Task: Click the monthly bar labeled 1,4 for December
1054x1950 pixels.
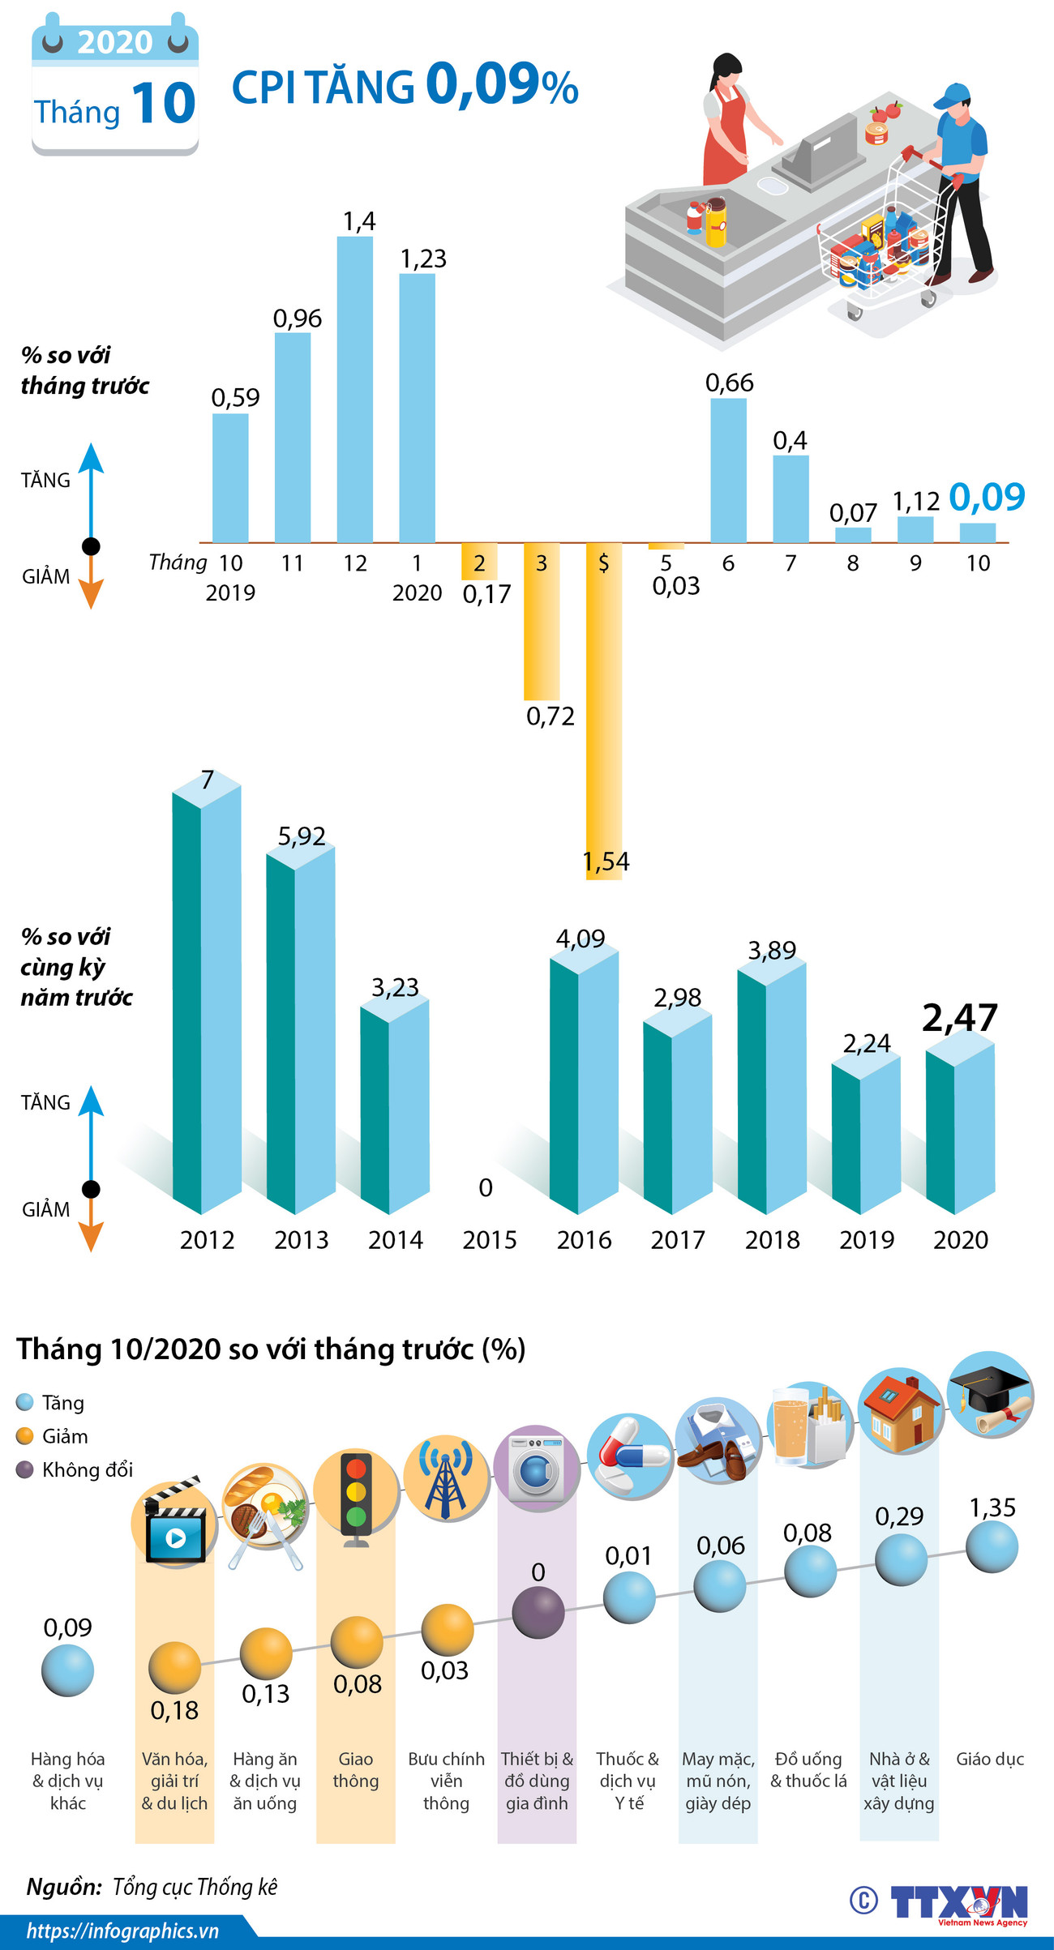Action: (x=355, y=389)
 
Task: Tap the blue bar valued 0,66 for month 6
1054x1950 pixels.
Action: (x=728, y=470)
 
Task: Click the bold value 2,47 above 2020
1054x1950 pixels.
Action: (x=960, y=1018)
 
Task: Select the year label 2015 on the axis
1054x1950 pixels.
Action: (x=490, y=1239)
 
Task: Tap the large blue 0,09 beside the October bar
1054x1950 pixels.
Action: (x=987, y=496)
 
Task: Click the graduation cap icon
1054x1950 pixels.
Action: (x=990, y=1395)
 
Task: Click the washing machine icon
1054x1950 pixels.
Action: (x=537, y=1467)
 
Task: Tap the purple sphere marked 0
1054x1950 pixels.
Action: (x=538, y=1612)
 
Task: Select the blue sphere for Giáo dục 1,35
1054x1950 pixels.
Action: (x=991, y=1546)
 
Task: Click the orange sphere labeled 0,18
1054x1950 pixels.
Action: (x=174, y=1667)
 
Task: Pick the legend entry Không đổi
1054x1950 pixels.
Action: (x=87, y=1470)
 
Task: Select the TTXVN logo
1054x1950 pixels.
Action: (x=958, y=1901)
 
